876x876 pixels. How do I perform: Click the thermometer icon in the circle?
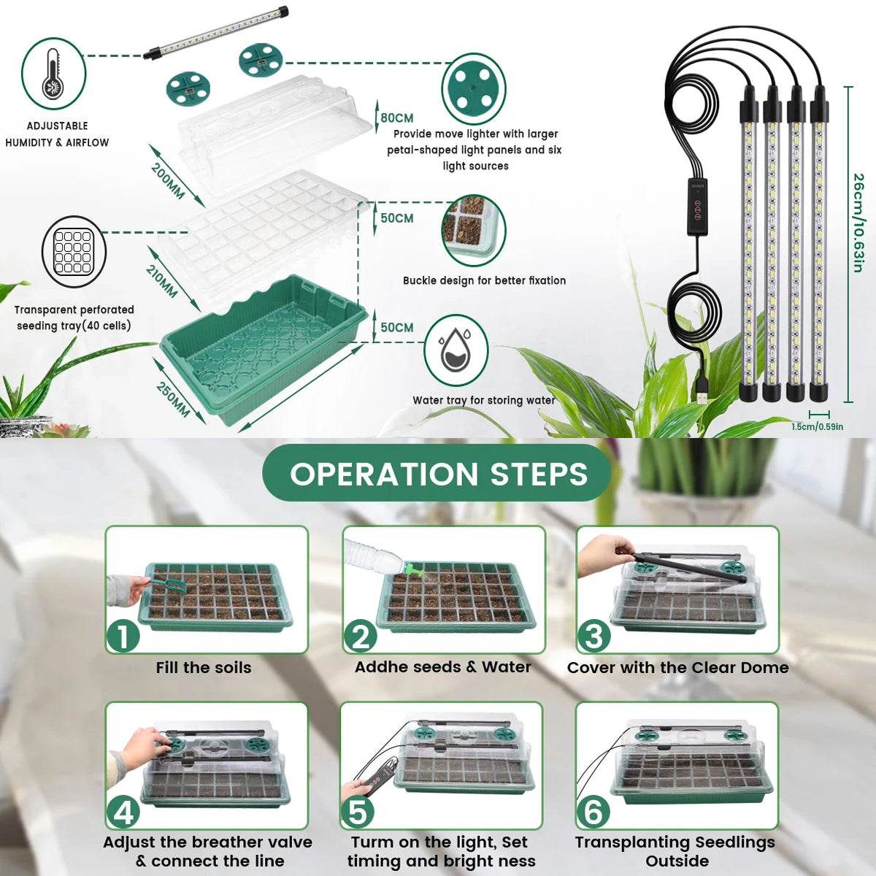(x=53, y=74)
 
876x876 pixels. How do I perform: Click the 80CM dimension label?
(x=397, y=118)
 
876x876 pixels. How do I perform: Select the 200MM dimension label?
(x=168, y=181)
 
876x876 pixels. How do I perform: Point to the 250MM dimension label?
(x=173, y=399)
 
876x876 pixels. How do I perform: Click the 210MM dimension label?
(x=161, y=281)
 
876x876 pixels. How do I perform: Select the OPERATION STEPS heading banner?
(x=437, y=473)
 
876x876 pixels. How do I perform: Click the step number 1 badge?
(x=123, y=636)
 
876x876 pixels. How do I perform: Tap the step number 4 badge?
(x=123, y=812)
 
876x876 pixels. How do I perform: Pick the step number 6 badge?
(x=593, y=812)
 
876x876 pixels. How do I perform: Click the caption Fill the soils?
(x=203, y=668)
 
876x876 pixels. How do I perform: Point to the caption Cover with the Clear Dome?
(x=677, y=668)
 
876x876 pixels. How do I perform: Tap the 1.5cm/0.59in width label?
(x=818, y=427)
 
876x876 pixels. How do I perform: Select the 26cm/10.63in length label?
(x=858, y=223)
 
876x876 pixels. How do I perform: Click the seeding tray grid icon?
(x=74, y=252)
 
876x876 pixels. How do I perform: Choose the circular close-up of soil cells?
(x=474, y=230)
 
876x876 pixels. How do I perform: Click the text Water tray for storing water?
(x=484, y=401)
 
